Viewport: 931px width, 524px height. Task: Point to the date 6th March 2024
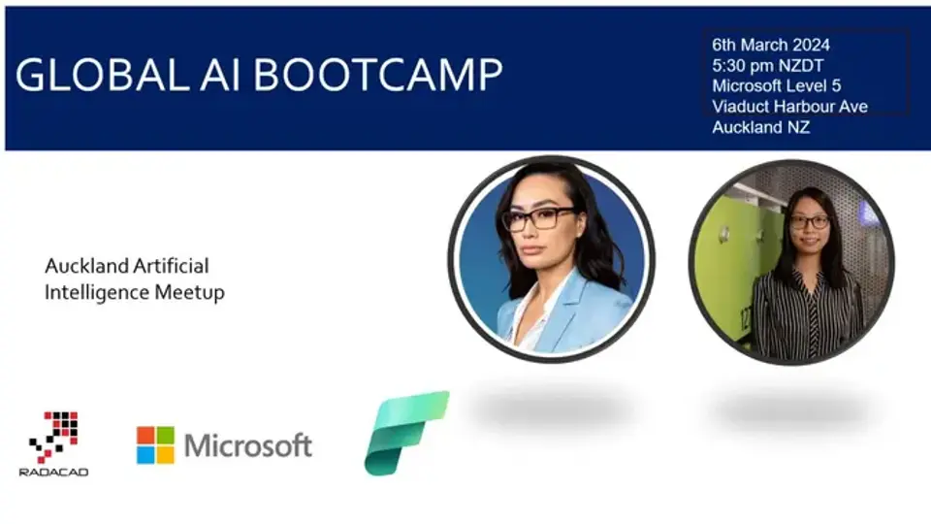point(770,45)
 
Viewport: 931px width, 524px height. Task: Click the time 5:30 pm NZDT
point(767,65)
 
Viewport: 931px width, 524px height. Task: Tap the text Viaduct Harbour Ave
point(789,107)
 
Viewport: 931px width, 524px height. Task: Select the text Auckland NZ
point(760,127)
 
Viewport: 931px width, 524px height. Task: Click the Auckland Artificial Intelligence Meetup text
point(134,278)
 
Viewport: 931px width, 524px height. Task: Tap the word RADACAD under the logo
point(53,472)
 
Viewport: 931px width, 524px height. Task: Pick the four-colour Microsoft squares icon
point(155,445)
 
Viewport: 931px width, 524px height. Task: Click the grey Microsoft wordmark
point(248,445)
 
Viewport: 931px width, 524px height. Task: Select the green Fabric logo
point(405,432)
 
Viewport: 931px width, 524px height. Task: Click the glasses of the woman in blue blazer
point(538,218)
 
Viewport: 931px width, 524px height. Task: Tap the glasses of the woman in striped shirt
point(809,222)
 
